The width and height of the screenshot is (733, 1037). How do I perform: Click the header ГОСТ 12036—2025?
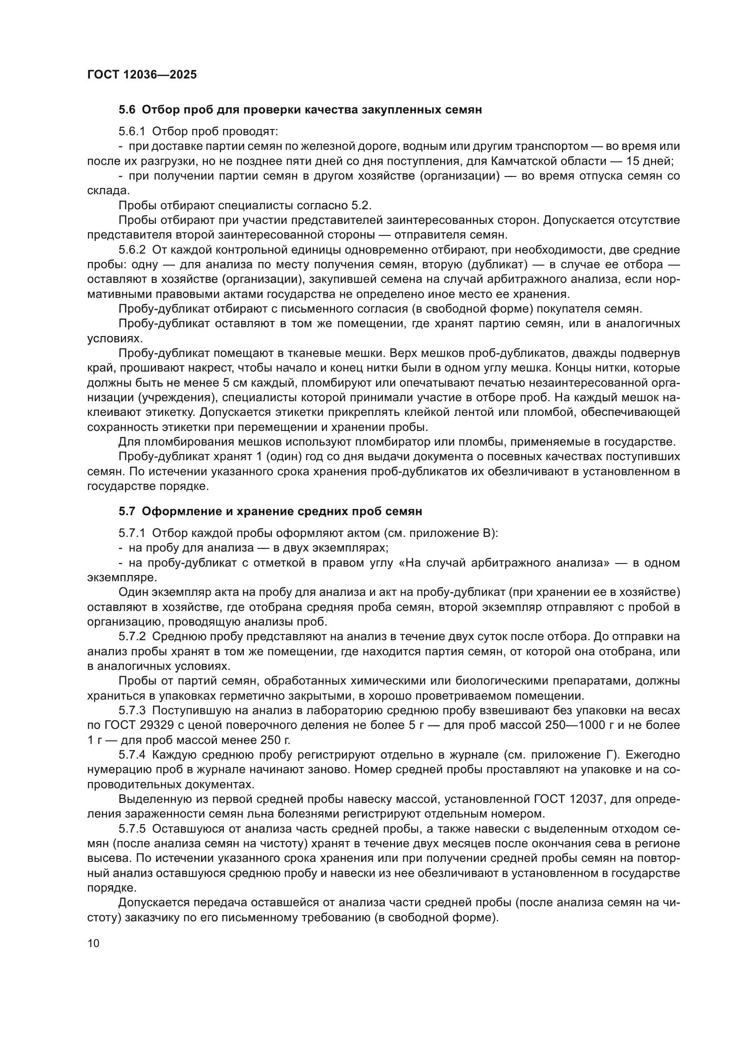[x=142, y=75]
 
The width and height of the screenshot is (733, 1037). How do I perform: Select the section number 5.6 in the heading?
[x=127, y=110]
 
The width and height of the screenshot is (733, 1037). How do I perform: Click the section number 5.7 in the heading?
[x=127, y=512]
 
